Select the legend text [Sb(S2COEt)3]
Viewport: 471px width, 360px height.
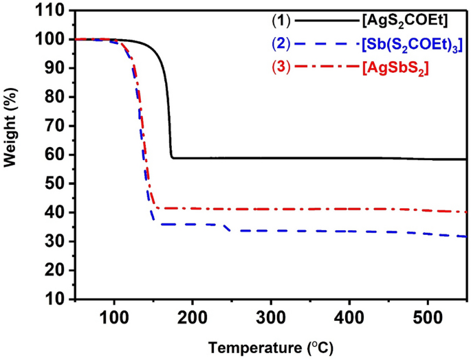pyautogui.click(x=410, y=45)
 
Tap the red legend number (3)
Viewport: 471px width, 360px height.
pyautogui.click(x=278, y=68)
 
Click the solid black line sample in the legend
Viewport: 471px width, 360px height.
pyautogui.click(x=322, y=23)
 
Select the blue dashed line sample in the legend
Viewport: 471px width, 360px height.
pyautogui.click(x=322, y=45)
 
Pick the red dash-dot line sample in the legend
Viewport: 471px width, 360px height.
pyautogui.click(x=322, y=68)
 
